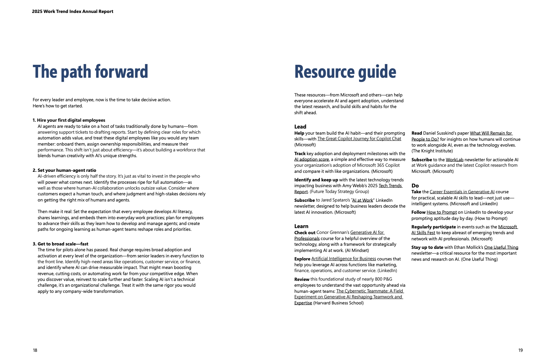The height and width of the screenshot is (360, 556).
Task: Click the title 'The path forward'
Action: tap(90, 72)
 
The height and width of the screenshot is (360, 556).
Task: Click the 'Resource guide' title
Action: tap(345, 72)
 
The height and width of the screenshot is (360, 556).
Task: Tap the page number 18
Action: tap(35, 350)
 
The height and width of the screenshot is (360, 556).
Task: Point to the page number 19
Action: tap(520, 350)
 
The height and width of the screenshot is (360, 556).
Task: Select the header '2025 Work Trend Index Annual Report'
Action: tap(73, 12)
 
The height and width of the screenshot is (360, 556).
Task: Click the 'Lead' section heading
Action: tap(300, 127)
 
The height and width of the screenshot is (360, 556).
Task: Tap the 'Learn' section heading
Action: tap(301, 226)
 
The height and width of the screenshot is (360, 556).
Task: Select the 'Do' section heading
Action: tap(415, 186)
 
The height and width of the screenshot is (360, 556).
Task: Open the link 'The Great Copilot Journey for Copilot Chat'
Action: tap(359, 139)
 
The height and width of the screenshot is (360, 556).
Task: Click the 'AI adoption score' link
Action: tap(311, 160)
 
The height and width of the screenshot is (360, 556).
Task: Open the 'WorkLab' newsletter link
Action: tap(454, 160)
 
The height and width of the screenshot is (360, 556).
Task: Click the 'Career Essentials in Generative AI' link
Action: tap(462, 192)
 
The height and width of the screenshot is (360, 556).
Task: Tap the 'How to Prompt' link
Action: tap(442, 212)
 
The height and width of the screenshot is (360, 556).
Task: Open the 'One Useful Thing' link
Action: tap(501, 247)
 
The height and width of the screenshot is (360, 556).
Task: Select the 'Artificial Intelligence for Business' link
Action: tap(343, 259)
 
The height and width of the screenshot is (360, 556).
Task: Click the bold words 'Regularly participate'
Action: tap(433, 227)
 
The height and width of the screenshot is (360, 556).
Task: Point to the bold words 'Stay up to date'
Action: tap(427, 247)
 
